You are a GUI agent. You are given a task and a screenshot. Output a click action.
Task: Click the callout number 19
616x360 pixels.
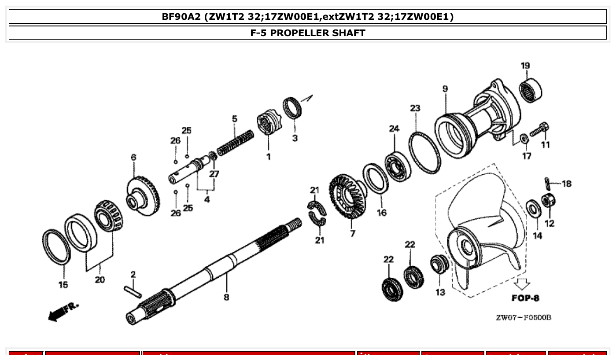(x=525, y=66)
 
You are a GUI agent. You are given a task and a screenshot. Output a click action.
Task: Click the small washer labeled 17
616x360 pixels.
(x=524, y=139)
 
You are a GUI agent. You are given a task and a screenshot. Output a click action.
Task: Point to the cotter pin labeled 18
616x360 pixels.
(x=547, y=181)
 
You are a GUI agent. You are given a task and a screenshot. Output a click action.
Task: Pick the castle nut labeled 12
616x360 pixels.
(x=548, y=201)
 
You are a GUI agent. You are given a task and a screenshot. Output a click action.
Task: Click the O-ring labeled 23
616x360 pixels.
(x=424, y=152)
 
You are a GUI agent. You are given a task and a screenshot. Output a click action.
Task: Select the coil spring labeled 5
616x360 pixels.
(x=236, y=141)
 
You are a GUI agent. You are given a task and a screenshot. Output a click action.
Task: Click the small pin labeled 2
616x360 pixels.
(x=133, y=291)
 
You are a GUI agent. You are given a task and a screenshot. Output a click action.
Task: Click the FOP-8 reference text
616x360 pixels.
(x=525, y=298)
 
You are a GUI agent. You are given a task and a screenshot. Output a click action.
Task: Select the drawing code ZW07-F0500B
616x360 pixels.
(x=523, y=318)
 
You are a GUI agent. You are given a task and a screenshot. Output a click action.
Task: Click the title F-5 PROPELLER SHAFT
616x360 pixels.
(x=308, y=33)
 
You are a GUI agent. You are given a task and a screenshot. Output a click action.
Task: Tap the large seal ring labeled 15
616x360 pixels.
(x=56, y=248)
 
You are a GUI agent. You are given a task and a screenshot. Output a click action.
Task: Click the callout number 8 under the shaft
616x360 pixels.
(x=226, y=297)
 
